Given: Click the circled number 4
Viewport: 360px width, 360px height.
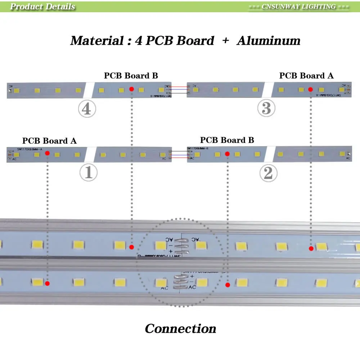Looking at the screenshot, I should pos(87,109).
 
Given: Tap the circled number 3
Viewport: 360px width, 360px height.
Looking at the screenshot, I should pos(266,109).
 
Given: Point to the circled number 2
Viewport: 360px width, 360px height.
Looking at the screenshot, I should pos(268,174).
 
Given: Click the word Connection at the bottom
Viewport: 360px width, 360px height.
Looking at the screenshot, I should pos(180,329).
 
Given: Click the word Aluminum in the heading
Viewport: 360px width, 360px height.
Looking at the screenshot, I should pos(269,41).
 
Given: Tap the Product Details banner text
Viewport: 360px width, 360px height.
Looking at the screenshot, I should pos(42,6).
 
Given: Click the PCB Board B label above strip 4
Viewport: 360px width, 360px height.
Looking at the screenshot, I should pos(131,76).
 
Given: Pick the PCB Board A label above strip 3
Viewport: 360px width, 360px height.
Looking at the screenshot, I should pos(306,76).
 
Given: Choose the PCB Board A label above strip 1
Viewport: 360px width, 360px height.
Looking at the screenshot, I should pos(49,141).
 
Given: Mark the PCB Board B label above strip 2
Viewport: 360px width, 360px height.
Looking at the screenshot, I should pos(227,140).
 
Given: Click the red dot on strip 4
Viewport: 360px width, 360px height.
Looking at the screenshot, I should pos(131,89).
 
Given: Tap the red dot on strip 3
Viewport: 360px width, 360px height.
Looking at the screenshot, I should pos(310,89).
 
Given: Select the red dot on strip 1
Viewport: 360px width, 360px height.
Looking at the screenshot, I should pos(47,153).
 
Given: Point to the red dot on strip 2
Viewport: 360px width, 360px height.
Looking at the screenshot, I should pos(227,154).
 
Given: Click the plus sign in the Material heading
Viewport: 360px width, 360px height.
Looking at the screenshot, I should pos(226,41).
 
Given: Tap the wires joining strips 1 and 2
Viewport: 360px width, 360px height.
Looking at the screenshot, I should pos(179,154).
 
